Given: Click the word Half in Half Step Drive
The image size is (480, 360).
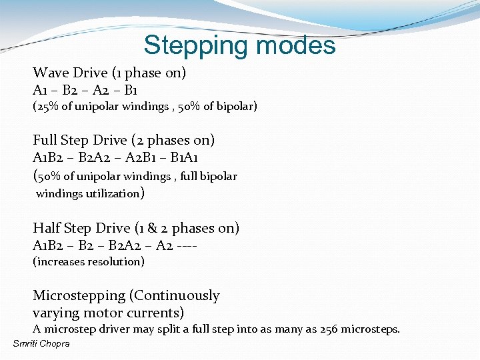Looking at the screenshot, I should click(x=46, y=228).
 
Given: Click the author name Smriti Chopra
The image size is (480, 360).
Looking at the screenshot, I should click(x=41, y=343).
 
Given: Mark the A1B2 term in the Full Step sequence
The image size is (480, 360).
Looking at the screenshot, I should click(x=46, y=157).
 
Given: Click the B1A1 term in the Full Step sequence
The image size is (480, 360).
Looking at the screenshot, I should click(x=184, y=157).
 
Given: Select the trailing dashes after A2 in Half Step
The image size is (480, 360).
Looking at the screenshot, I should click(x=190, y=245).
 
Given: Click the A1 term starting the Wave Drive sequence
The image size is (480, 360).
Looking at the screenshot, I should click(x=39, y=90).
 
